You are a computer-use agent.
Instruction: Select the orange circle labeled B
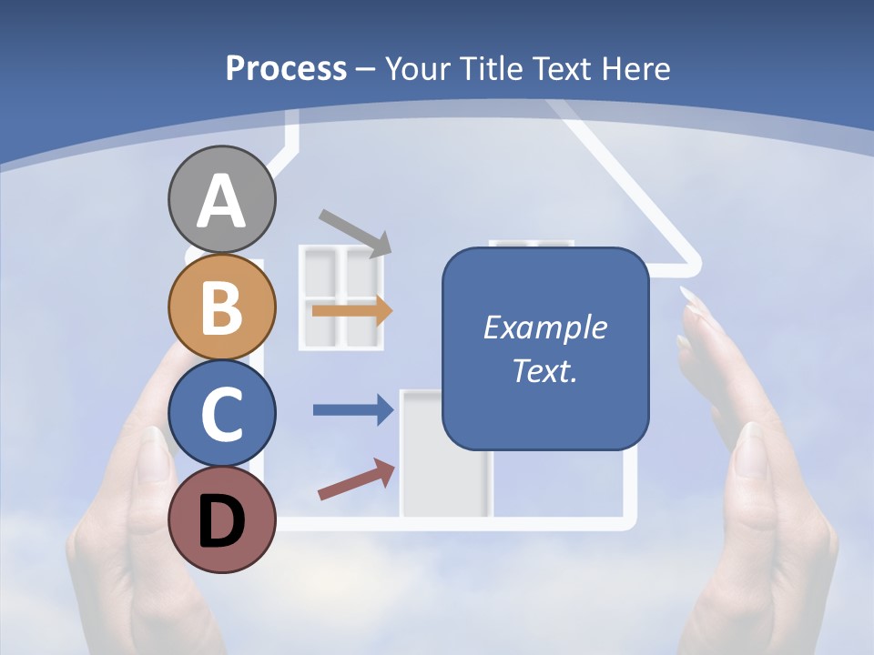pyautogui.click(x=221, y=307)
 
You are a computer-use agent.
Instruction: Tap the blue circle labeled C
pyautogui.click(x=221, y=413)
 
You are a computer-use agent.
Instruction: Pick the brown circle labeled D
pyautogui.click(x=221, y=519)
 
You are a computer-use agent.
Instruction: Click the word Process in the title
pyautogui.click(x=286, y=68)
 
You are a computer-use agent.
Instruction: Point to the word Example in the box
pyautogui.click(x=544, y=327)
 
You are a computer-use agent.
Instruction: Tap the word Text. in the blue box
pyautogui.click(x=544, y=370)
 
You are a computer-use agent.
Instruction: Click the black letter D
pyautogui.click(x=221, y=521)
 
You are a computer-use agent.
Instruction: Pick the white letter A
pyautogui.click(x=221, y=202)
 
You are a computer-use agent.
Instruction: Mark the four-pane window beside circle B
pyautogui.click(x=341, y=297)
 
